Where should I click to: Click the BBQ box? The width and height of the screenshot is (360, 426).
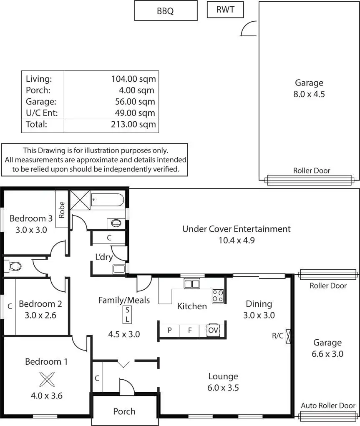[166, 11]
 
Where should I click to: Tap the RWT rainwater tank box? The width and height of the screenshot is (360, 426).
[225, 10]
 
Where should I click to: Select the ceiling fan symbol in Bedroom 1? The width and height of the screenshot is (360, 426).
[46, 379]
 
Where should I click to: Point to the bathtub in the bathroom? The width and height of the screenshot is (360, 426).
[107, 200]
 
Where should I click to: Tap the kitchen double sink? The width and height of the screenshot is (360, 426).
[192, 284]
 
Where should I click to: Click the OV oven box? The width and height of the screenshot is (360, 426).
[213, 330]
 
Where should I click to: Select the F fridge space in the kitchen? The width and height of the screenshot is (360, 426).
[190, 330]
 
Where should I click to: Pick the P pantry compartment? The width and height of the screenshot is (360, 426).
[170, 330]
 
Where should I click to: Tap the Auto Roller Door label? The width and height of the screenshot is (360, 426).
[328, 406]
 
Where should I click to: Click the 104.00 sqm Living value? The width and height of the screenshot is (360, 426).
[133, 79]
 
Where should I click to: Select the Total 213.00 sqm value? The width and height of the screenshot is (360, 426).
[133, 124]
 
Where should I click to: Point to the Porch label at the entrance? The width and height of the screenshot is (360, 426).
[124, 411]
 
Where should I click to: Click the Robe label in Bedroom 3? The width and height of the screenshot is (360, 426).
[62, 210]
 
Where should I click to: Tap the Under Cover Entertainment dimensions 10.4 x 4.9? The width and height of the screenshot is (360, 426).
[236, 240]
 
